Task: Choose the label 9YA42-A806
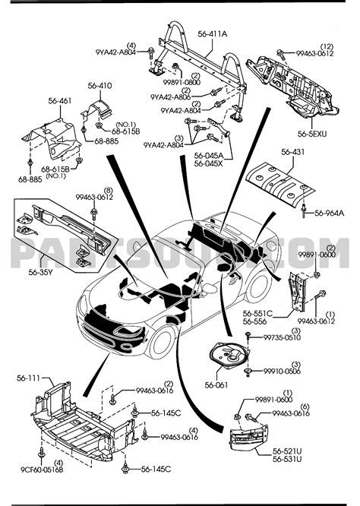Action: pyautogui.click(x=170, y=97)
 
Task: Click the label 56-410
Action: pyautogui.click(x=99, y=87)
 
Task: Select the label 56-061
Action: pyautogui.click(x=217, y=386)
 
